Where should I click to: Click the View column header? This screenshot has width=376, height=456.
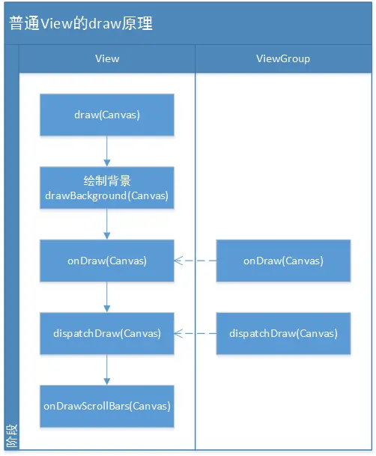(x=107, y=58)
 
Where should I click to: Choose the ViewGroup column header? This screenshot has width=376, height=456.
(x=283, y=58)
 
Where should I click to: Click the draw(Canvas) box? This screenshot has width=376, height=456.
(x=107, y=115)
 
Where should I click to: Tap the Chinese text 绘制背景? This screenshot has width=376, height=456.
(x=107, y=181)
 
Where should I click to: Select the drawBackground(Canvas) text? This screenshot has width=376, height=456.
(x=107, y=195)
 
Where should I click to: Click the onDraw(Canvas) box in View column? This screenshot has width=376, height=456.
(x=107, y=261)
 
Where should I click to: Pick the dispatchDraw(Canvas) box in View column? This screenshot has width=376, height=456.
(x=107, y=333)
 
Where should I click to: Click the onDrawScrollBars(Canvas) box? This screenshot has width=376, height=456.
(x=107, y=406)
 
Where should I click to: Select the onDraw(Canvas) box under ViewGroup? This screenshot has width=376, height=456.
(x=283, y=261)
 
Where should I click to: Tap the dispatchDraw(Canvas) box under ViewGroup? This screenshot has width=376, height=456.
(x=283, y=333)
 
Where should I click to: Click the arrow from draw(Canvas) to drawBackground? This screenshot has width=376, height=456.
(x=107, y=151)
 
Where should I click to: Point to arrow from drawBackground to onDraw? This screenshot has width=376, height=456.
(x=107, y=224)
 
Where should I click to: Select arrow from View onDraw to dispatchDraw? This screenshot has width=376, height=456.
(x=107, y=297)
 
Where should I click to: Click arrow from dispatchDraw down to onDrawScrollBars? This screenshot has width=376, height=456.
(x=107, y=369)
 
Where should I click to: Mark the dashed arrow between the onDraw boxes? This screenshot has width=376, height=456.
(x=195, y=261)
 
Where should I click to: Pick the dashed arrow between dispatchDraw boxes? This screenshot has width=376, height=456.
(x=195, y=333)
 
